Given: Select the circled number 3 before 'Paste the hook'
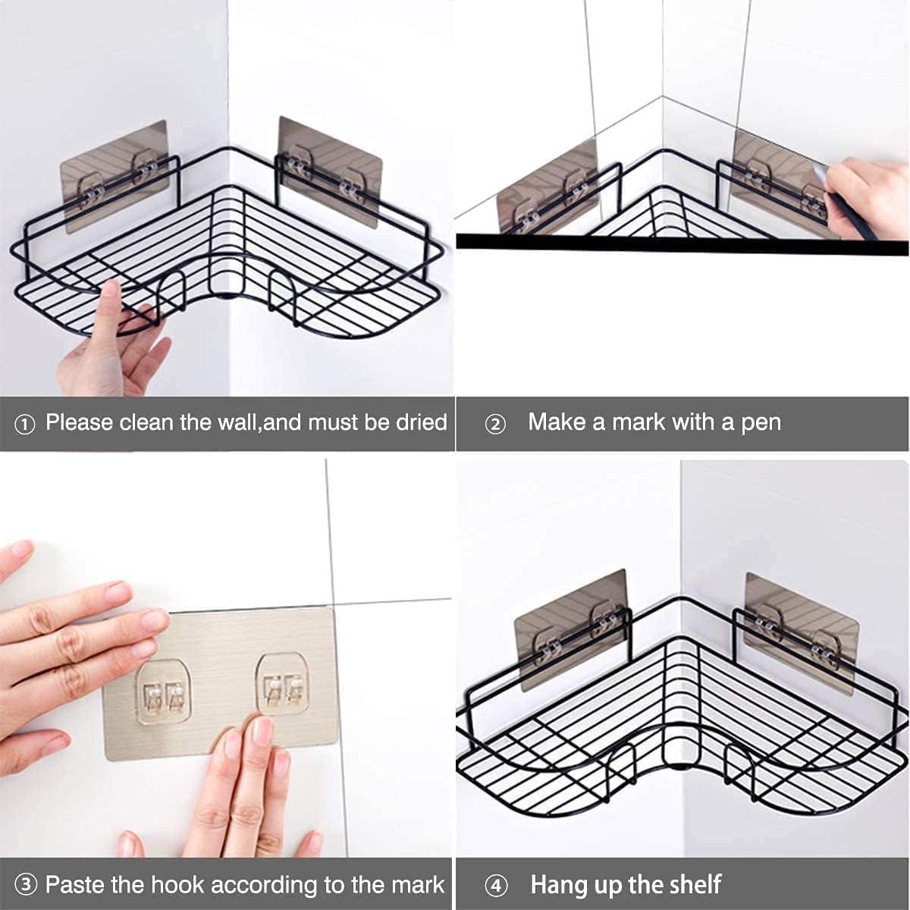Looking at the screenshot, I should (x=26, y=886).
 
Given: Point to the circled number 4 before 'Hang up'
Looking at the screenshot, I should (x=495, y=886).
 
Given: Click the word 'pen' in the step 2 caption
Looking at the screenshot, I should (x=761, y=422).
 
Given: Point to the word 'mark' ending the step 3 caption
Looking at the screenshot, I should (x=417, y=884).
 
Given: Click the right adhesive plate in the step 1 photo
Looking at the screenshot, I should (x=330, y=171).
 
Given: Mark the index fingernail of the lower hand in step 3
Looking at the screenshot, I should (x=262, y=731).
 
